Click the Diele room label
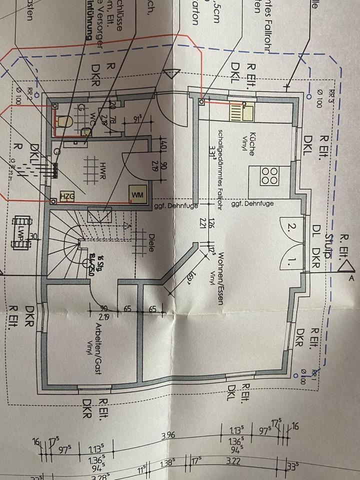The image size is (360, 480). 153,239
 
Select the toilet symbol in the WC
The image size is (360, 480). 63,122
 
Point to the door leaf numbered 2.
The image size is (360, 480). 291,229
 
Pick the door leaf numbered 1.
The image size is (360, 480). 291,260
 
